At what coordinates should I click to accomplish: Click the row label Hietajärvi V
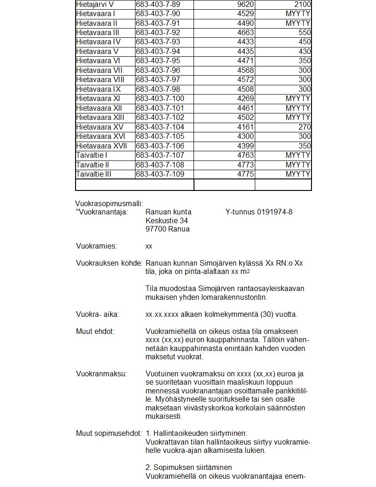click(x=95, y=4)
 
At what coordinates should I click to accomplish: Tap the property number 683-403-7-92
click(x=158, y=33)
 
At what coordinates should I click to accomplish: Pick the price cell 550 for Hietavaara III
click(x=305, y=33)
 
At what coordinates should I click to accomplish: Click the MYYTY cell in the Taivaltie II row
click(x=298, y=165)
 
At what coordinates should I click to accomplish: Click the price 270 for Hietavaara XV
click(x=305, y=127)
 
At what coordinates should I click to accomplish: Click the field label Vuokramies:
click(x=96, y=247)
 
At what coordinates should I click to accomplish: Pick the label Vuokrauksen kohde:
click(x=109, y=263)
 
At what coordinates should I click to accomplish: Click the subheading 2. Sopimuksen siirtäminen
click(x=188, y=468)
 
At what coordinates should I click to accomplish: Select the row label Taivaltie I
click(x=92, y=155)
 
